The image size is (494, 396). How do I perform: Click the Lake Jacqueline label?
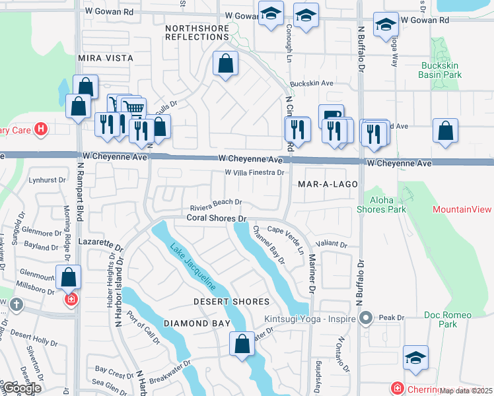194,267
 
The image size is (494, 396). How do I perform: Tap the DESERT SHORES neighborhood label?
231,302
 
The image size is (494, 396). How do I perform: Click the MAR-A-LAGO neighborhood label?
328,184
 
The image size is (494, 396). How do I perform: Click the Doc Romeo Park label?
439,319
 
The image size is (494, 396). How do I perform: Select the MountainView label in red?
462,209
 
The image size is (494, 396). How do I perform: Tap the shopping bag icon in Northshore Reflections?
225,65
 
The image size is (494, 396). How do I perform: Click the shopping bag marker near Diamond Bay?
242,343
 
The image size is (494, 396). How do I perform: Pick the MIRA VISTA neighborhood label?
106,58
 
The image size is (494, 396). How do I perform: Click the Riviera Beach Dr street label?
216,203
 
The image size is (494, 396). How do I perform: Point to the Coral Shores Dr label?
216,217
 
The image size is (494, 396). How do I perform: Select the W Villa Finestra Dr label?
254,173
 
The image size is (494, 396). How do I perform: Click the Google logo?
22,388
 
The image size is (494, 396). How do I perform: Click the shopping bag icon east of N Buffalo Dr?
446,130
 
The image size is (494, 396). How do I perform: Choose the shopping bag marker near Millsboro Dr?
69,277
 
